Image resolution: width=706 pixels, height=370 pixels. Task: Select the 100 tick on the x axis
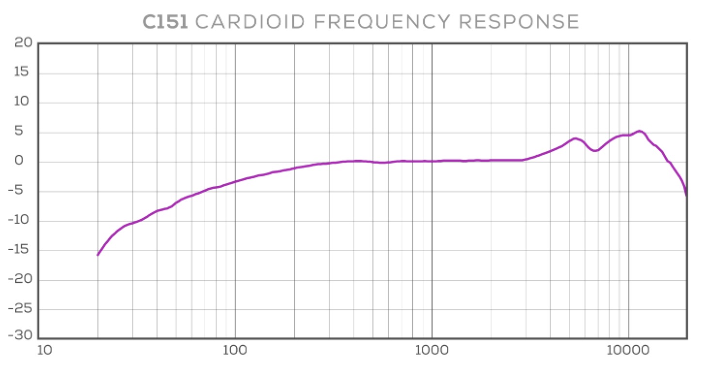click(x=235, y=349)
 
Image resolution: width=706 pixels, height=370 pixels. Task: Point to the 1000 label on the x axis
click(x=432, y=349)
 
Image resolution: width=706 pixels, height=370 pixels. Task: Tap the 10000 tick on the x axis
click(x=628, y=349)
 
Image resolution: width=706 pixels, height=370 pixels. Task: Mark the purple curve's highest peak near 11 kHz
click(x=640, y=131)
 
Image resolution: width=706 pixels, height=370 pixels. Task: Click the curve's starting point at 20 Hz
click(x=98, y=255)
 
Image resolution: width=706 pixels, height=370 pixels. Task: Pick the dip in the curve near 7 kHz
click(x=595, y=151)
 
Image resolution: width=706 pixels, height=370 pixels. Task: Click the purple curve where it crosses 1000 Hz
click(x=432, y=161)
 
